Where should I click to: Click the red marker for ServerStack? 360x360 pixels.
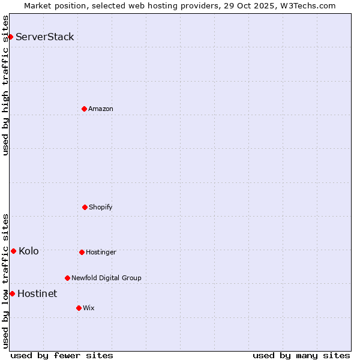(10, 37)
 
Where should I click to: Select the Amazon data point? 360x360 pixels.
(84, 109)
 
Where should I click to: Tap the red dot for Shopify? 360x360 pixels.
(85, 207)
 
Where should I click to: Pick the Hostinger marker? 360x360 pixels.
(82, 252)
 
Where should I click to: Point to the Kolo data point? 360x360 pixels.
(13, 251)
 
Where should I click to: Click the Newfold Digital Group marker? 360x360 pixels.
(67, 278)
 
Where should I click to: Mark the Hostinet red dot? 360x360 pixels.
(12, 293)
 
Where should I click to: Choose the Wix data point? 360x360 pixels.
(79, 308)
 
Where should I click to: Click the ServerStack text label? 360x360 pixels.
(45, 37)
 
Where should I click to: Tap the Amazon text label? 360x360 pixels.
(101, 109)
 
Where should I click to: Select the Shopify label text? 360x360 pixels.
(101, 207)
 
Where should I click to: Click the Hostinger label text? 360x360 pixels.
(101, 252)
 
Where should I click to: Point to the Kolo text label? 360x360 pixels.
(29, 251)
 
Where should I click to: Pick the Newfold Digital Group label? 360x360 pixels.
(106, 278)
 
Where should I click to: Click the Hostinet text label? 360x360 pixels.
(37, 293)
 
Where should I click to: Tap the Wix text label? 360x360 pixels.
(89, 308)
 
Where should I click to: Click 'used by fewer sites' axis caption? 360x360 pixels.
(62, 355)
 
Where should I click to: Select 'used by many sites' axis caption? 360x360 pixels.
(301, 355)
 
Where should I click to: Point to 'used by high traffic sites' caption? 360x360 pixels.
(5, 85)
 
